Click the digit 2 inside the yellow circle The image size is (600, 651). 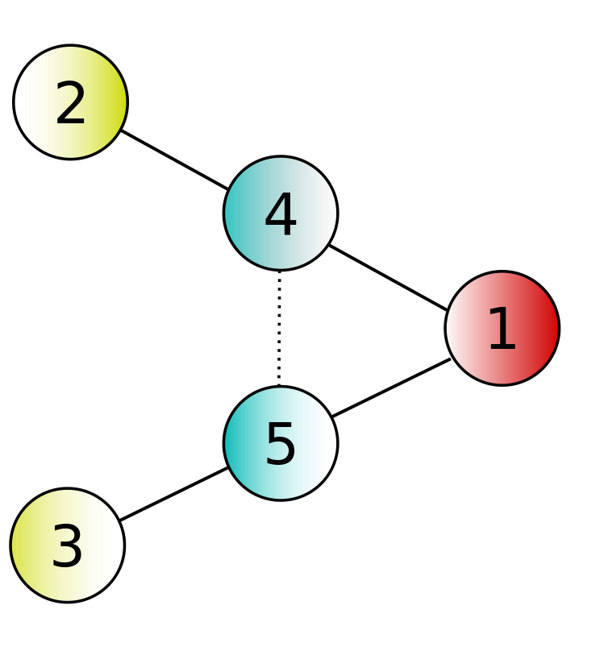point(71,105)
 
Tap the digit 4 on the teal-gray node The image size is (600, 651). point(281,216)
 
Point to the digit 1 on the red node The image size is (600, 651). point(502,330)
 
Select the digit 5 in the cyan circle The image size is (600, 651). point(281,446)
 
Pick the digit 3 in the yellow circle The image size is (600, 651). point(68,548)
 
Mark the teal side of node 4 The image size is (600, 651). point(235,214)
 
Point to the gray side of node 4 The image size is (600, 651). point(325,214)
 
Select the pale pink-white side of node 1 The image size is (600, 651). point(457,328)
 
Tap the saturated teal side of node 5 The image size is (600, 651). point(235,443)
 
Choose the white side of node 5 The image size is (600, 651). point(325,443)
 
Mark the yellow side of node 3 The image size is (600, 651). point(23,545)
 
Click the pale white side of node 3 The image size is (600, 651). point(112,545)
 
